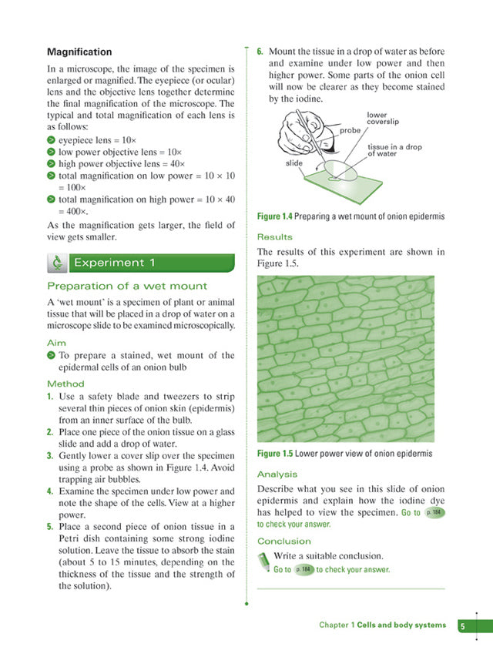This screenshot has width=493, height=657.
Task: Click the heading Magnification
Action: click(x=79, y=52)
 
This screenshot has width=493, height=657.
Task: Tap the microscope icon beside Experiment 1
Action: click(x=57, y=263)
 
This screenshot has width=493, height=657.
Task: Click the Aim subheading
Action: click(x=56, y=342)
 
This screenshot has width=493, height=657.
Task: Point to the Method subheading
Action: click(x=65, y=384)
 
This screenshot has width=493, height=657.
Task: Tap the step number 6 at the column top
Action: click(x=260, y=52)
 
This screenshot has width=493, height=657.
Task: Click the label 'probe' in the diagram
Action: click(x=350, y=131)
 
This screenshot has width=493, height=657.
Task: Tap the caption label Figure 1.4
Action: click(x=275, y=217)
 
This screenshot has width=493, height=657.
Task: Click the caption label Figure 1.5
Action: click(x=275, y=453)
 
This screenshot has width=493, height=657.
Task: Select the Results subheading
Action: click(x=275, y=237)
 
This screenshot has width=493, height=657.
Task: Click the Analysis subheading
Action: click(x=277, y=474)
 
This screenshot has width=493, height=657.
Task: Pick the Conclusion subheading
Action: click(x=283, y=541)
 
